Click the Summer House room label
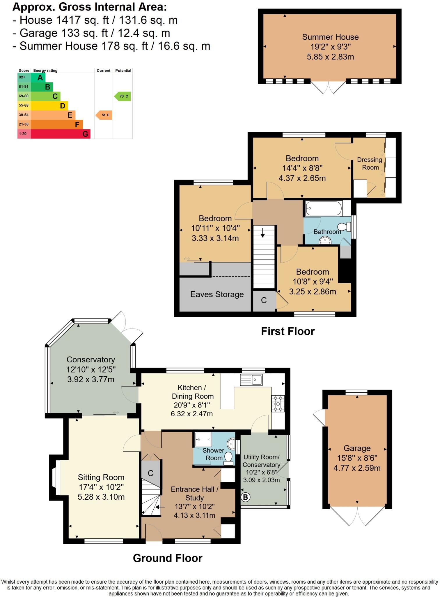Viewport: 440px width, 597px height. [x=330, y=37]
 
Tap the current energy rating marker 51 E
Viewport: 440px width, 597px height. [x=104, y=115]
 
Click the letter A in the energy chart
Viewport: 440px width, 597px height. [x=40, y=78]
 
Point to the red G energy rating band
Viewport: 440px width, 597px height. [x=61, y=134]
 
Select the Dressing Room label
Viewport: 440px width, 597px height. [x=370, y=164]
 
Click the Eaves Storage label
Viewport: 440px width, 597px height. [x=217, y=294]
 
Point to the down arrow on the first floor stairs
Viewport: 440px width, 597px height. [x=263, y=232]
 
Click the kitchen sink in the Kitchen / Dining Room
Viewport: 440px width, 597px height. [x=251, y=380]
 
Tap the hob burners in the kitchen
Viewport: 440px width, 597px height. [x=278, y=404]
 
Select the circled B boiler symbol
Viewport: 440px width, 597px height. [x=245, y=497]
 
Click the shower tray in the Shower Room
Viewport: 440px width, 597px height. [x=203, y=439]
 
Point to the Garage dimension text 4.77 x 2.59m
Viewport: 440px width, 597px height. [x=357, y=468]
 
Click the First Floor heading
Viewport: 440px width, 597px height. [x=288, y=331]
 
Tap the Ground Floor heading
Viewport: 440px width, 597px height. [x=168, y=558]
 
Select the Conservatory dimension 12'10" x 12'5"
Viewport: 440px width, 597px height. [x=91, y=370]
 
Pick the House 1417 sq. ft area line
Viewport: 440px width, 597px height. [x=95, y=20]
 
